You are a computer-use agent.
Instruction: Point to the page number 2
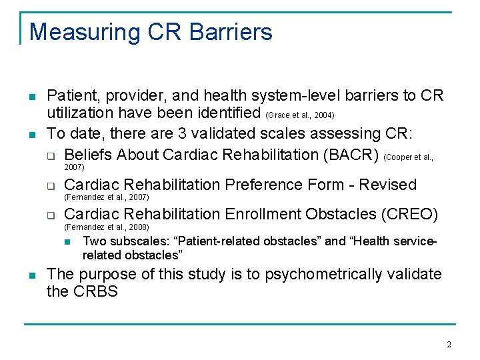point(449,345)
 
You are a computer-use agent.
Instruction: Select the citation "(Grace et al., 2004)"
point(305,115)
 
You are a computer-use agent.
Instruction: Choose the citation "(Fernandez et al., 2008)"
point(106,227)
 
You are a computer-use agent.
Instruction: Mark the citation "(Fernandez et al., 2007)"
point(106,197)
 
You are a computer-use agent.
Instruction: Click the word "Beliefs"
point(89,155)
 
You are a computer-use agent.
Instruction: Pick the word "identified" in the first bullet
point(231,114)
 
